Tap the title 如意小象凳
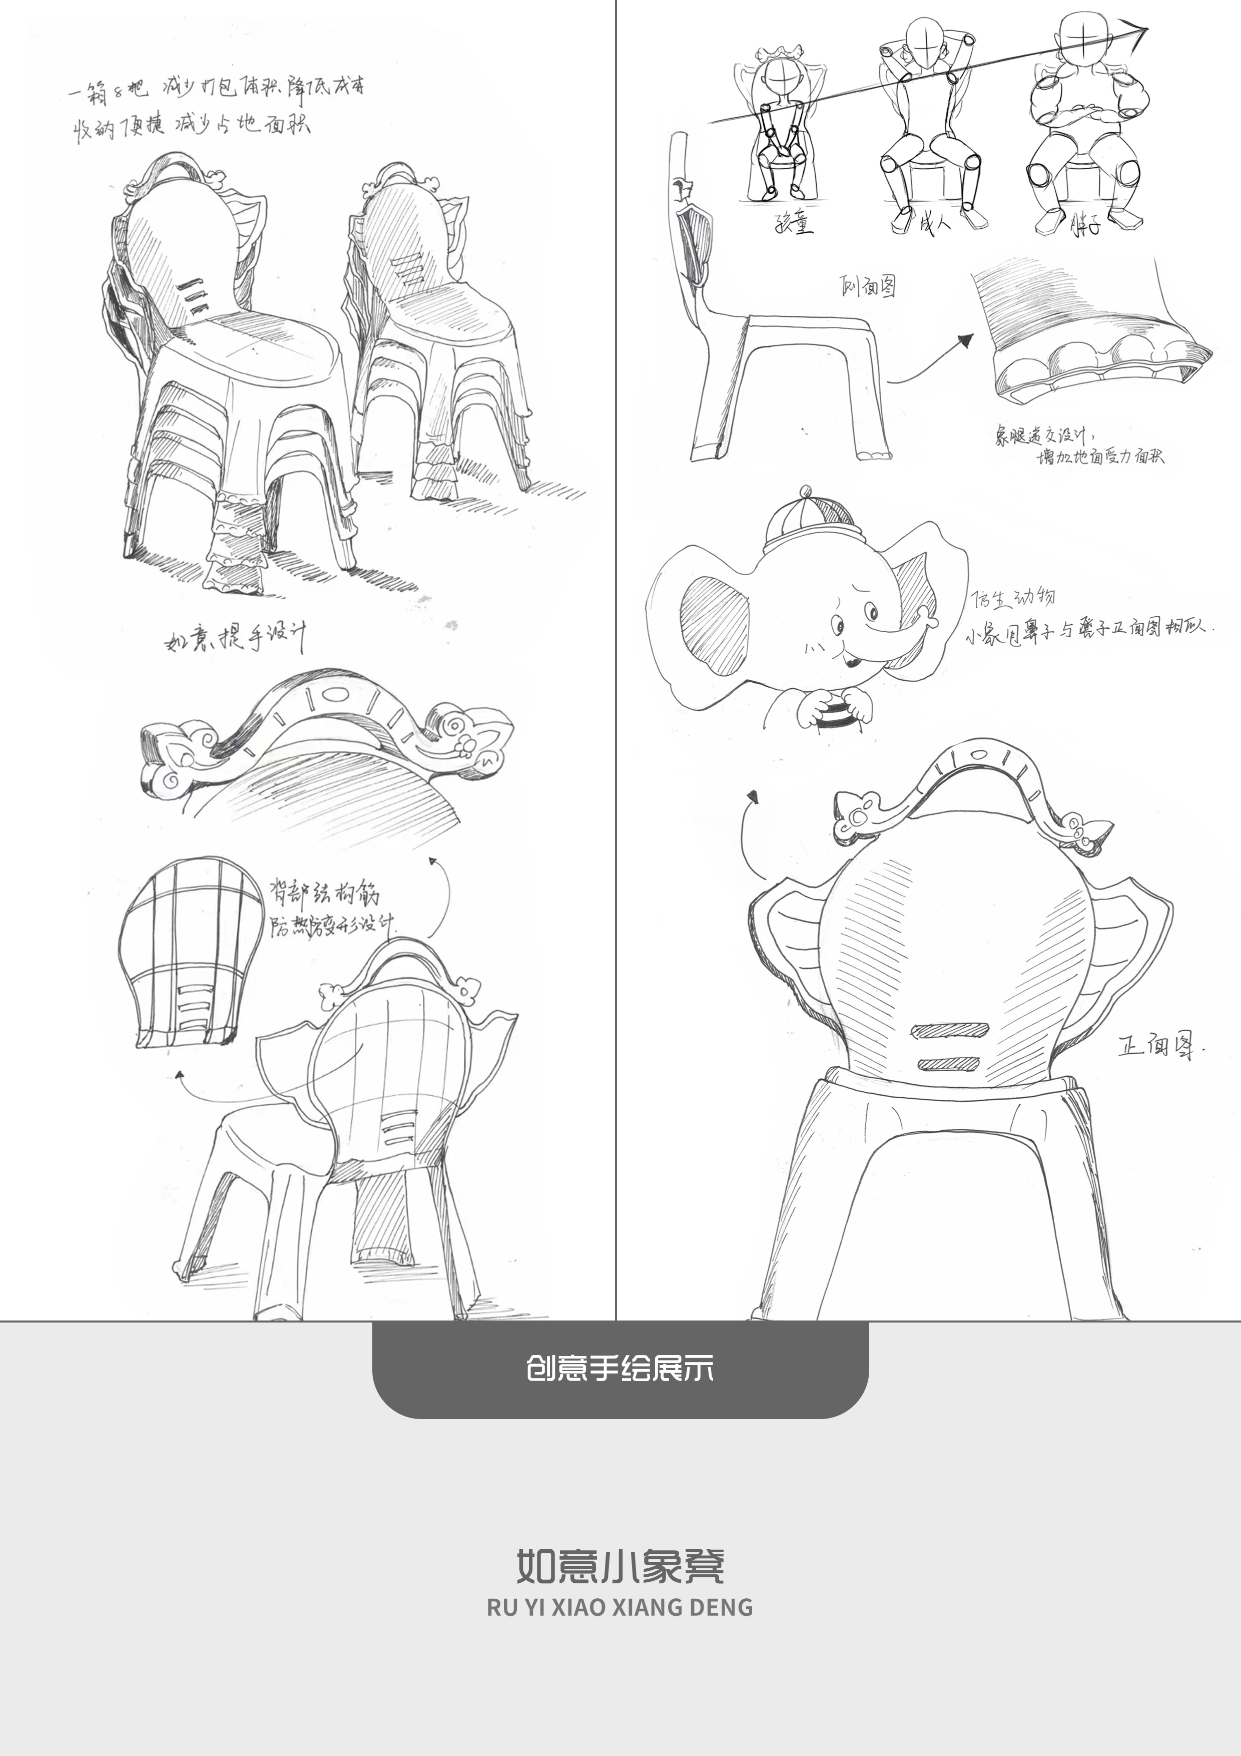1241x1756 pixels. coord(619,1565)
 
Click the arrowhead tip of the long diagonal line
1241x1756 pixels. coord(1144,31)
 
